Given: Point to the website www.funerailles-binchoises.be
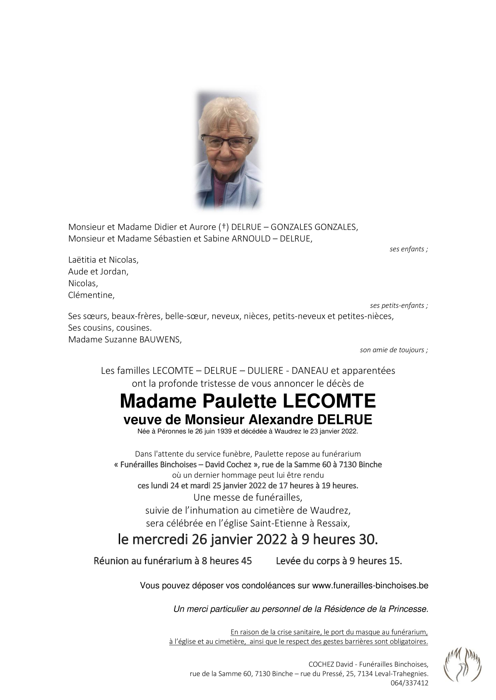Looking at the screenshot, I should pos(370,586).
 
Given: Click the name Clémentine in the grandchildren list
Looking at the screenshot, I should pos(91,295).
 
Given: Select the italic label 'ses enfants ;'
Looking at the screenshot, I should pos(408,249).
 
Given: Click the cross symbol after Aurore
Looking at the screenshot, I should pos(223,227).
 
